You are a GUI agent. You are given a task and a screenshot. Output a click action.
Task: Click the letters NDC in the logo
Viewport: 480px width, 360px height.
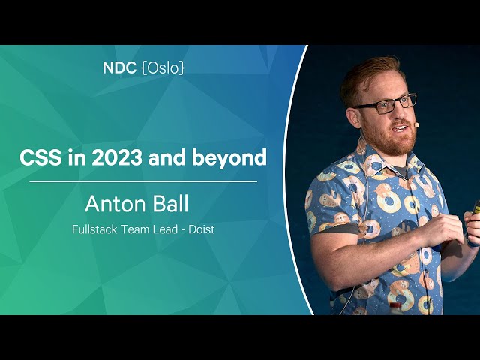(x=119, y=67)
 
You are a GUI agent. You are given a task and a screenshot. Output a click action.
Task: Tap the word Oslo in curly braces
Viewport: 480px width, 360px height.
(x=163, y=68)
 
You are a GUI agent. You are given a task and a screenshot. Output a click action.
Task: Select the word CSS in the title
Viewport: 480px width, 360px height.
(x=40, y=157)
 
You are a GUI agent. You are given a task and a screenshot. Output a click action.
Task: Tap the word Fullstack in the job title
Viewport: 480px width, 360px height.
(x=94, y=229)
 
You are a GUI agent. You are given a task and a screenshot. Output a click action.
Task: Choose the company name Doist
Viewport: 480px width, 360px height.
(x=202, y=229)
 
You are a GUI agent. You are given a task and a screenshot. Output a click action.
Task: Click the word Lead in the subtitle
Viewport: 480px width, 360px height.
(x=167, y=229)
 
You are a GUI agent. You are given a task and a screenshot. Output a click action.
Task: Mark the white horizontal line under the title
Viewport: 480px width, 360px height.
(x=143, y=181)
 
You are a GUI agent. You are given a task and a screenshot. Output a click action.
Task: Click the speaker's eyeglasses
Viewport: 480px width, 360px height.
(x=386, y=103)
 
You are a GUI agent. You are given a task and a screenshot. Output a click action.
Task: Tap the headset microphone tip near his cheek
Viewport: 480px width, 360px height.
(x=416, y=124)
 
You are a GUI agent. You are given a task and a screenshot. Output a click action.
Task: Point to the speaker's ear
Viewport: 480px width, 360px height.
(x=353, y=117)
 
